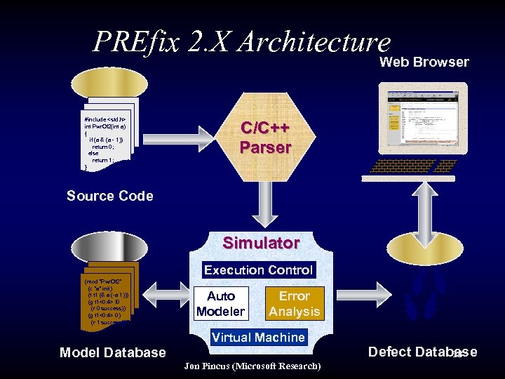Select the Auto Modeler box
pyautogui.click(x=221, y=303)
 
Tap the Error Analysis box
pyautogui.click(x=295, y=303)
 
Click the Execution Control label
pyautogui.click(x=258, y=270)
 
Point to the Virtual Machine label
pyautogui.click(x=259, y=337)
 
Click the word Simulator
pyautogui.click(x=261, y=243)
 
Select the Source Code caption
pyautogui.click(x=109, y=196)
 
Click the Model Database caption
pyautogui.click(x=113, y=352)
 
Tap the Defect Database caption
pyautogui.click(x=422, y=352)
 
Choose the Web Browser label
pyautogui.click(x=424, y=62)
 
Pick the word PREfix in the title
pyautogui.click(x=137, y=42)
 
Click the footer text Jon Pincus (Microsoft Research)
pyautogui.click(x=252, y=366)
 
